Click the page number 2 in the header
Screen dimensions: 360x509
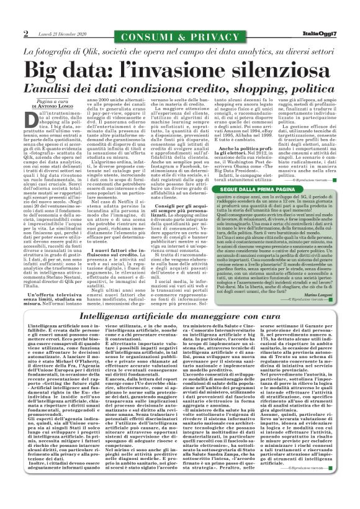(x=26, y=33)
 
